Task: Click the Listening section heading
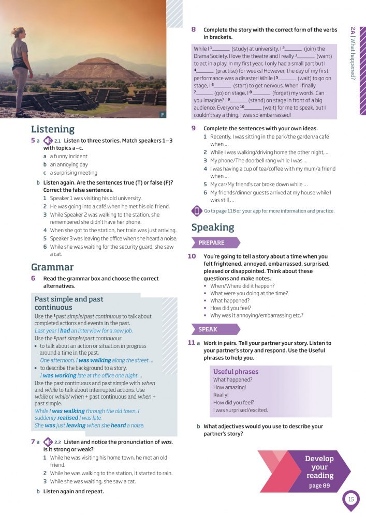coord(53,129)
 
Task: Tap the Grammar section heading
coord(52,267)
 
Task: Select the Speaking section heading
coord(213,227)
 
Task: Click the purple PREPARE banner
coord(212,243)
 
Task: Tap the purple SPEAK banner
coord(209,329)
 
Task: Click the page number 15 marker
coord(351,499)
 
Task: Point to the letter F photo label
coord(163,114)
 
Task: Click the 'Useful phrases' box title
coord(236,372)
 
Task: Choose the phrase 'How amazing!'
coord(229,387)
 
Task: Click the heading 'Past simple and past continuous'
coord(69,303)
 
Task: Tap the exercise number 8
coord(194,30)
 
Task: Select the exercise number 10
coord(192,256)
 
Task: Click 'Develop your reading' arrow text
coord(319,468)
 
